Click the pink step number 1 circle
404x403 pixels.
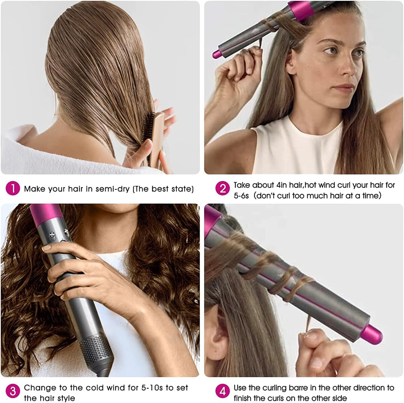[13, 189]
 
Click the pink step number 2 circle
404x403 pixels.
[222, 189]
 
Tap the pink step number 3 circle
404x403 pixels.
[13, 391]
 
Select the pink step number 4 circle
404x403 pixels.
[222, 391]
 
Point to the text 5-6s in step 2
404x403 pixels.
[241, 196]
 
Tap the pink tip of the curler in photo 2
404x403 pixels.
[216, 54]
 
